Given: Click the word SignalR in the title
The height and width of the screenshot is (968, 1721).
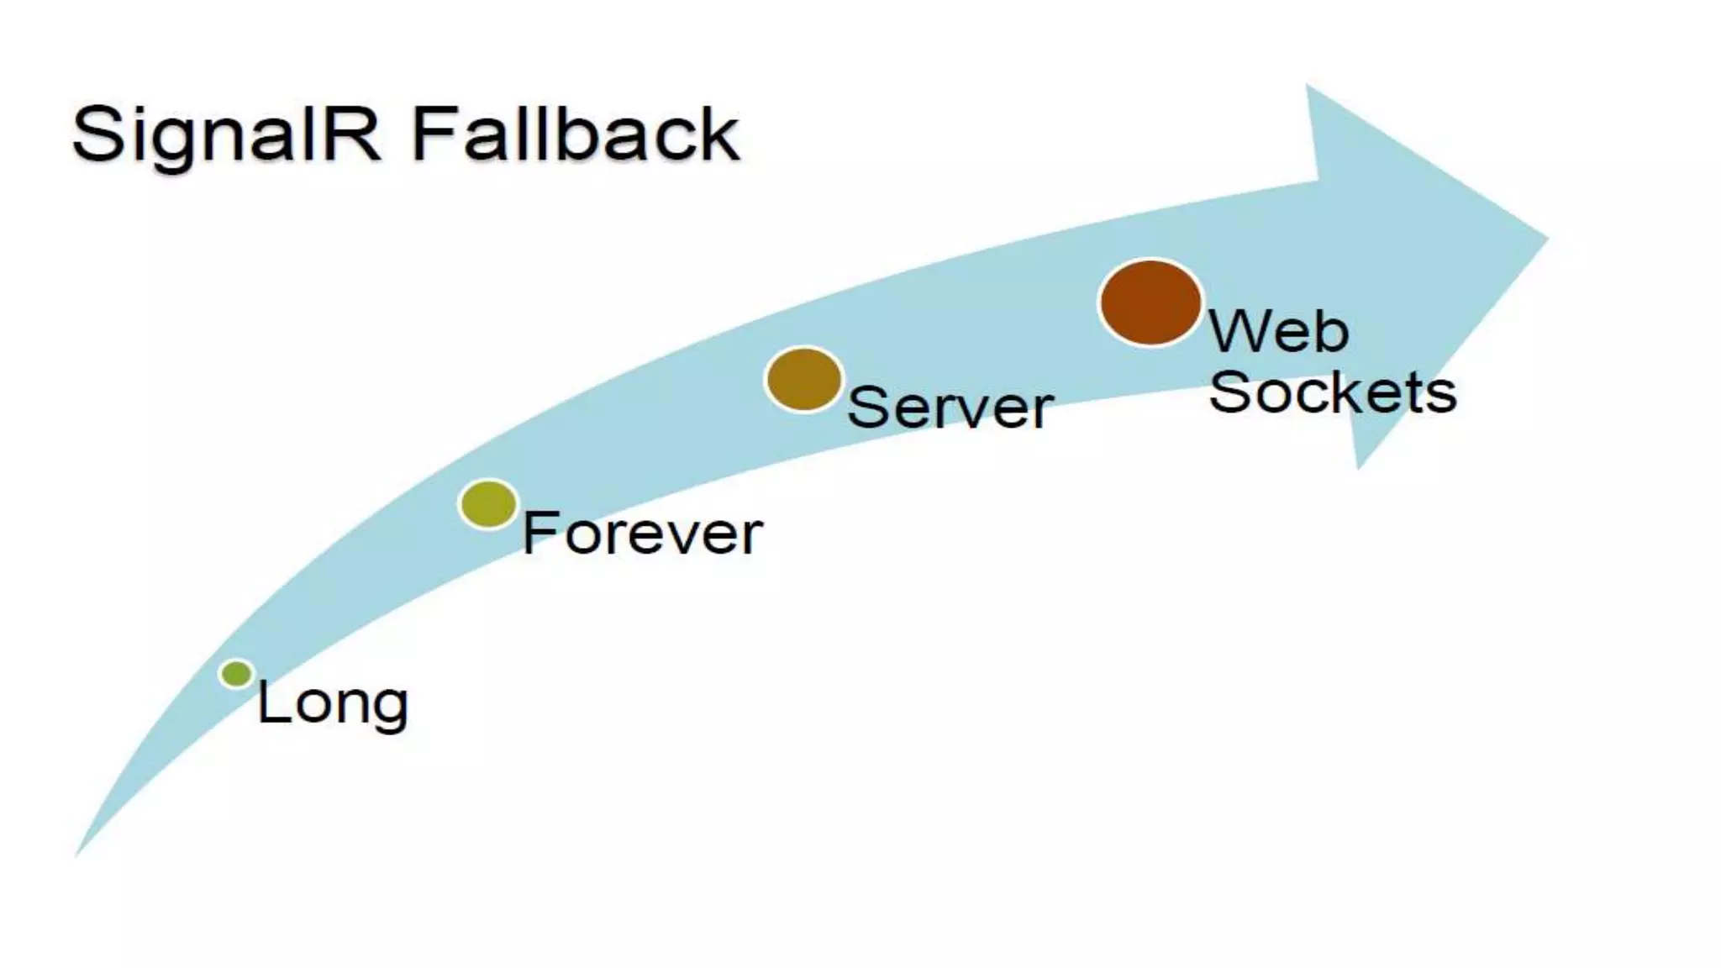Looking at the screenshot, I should [227, 134].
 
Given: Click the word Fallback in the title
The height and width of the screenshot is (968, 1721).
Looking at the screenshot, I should [576, 134].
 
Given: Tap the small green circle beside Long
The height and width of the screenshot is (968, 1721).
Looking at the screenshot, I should [237, 673].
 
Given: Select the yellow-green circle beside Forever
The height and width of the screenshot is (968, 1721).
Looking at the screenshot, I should [488, 504].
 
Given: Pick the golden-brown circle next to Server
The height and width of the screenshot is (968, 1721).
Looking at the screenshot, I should [804, 380].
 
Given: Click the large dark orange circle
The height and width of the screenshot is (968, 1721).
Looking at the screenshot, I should [1150, 302].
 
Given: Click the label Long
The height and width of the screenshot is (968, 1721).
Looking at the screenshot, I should [333, 702].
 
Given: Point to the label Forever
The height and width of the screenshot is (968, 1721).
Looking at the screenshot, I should [643, 533].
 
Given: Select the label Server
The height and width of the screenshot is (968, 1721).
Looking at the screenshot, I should [950, 408].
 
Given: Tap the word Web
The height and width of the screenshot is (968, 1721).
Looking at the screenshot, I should [1279, 331].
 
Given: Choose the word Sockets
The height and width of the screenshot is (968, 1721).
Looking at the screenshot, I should [1333, 392].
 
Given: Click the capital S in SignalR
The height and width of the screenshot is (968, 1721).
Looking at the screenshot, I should [99, 134].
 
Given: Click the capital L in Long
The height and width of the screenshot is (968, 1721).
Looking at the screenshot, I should [271, 702].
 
